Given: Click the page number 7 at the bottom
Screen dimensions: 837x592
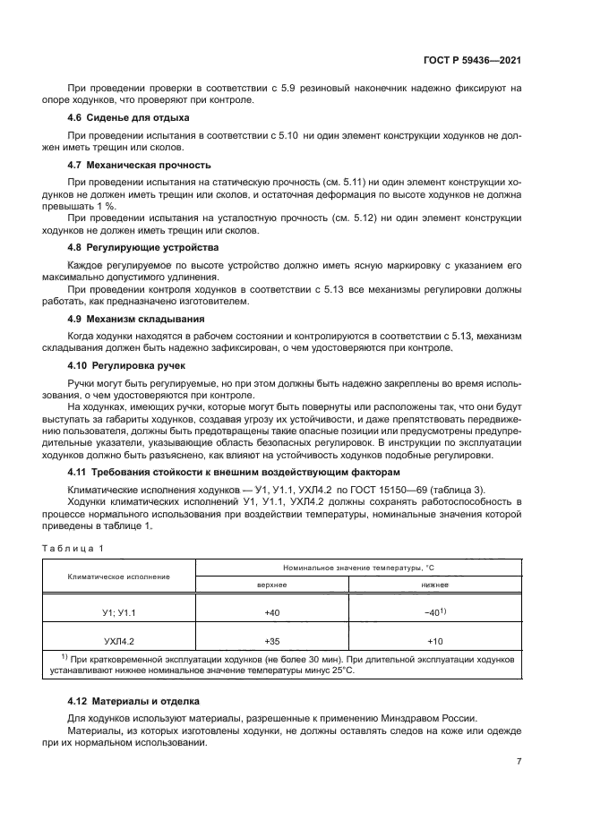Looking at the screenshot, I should tap(519, 762).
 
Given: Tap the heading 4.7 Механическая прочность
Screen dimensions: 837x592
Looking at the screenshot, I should tap(139, 166).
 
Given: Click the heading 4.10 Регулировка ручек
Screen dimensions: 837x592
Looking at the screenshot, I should tap(126, 367).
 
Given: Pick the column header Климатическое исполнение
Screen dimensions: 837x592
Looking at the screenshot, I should tap(118, 576).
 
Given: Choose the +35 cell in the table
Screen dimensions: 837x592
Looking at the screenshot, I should tap(271, 642).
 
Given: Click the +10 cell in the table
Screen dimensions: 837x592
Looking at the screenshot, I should tap(435, 642).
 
